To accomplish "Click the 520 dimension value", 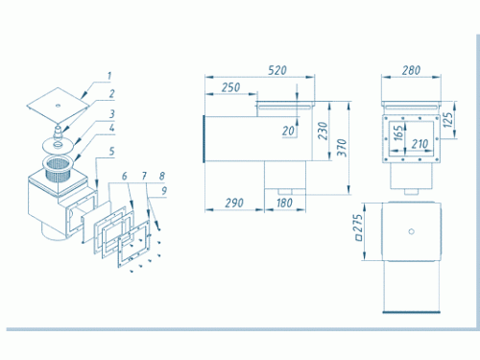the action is pyautogui.click(x=277, y=70).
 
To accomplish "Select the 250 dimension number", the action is pyautogui.click(x=230, y=87).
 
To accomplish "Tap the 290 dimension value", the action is pyautogui.click(x=234, y=203).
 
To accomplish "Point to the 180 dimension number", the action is pyautogui.click(x=284, y=203).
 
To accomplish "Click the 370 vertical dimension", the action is pyautogui.click(x=342, y=148).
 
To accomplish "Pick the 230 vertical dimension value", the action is pyautogui.click(x=324, y=131).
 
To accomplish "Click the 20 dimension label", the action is pyautogui.click(x=288, y=131).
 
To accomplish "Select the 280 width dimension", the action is pyautogui.click(x=411, y=70).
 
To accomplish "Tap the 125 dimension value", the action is pyautogui.click(x=448, y=119).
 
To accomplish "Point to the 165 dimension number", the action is pyautogui.click(x=397, y=132).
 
